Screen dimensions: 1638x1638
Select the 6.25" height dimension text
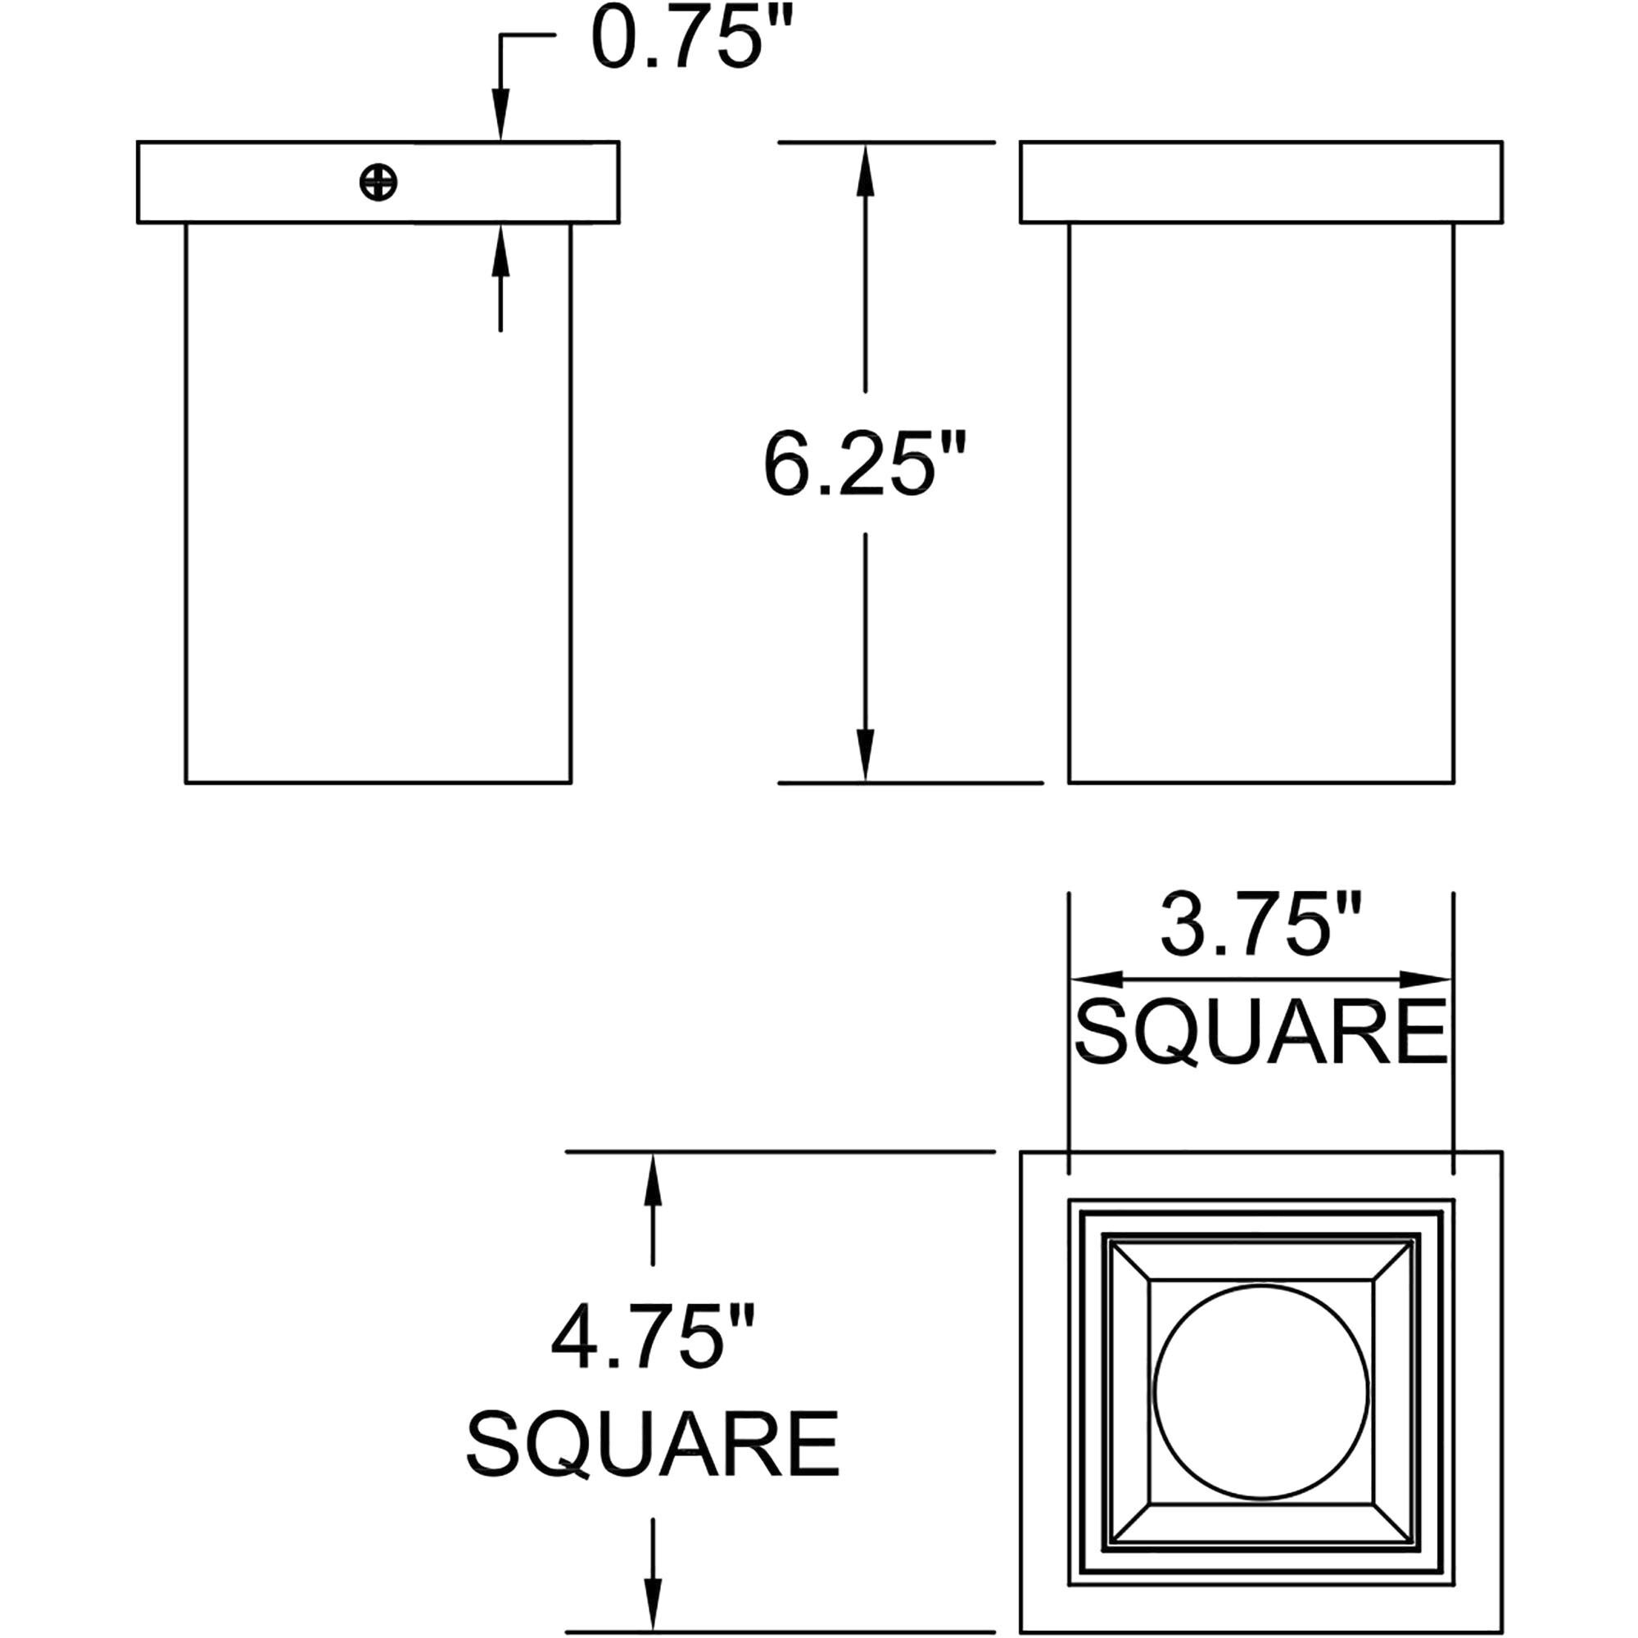864,464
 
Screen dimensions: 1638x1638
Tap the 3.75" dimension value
1260,925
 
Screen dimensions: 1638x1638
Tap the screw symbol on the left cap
378,183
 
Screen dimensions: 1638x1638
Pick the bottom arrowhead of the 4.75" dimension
652,1604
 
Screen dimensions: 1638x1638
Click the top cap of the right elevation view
1260,183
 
